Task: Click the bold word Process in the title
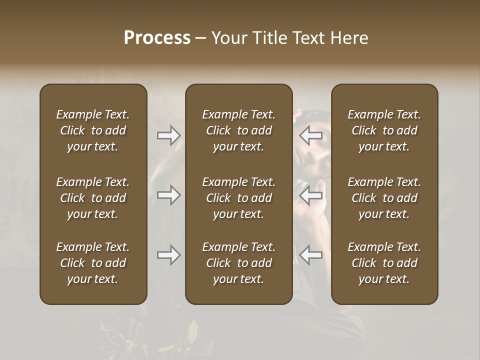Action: tap(157, 38)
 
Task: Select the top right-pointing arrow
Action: tap(168, 135)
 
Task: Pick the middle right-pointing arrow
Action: tap(168, 195)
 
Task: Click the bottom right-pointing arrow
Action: tap(168, 255)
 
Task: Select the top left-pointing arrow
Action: tap(311, 135)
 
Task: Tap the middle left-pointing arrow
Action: tap(311, 195)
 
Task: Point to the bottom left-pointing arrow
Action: tap(311, 255)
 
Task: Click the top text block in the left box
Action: tap(93, 130)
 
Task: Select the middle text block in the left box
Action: tap(93, 198)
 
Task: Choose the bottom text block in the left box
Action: tap(93, 263)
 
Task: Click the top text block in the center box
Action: tap(238, 130)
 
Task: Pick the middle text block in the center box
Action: tap(238, 198)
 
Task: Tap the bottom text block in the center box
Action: tap(238, 263)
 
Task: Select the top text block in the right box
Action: tap(384, 130)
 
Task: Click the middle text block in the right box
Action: tap(384, 198)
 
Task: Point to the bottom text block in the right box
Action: tap(384, 263)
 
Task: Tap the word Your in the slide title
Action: tap(228, 38)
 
